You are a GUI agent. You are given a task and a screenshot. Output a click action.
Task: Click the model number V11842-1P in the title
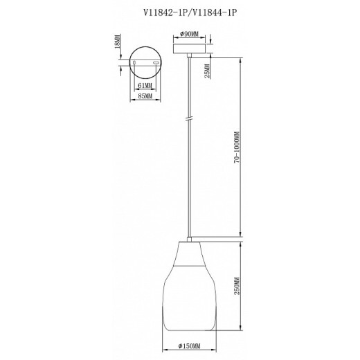[165, 12]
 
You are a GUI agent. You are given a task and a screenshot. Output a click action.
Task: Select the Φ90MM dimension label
[189, 34]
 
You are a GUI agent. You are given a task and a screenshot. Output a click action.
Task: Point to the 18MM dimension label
[118, 42]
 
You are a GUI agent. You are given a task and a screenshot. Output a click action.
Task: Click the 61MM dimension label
[145, 86]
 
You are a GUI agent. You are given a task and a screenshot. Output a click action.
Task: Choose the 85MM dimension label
[145, 96]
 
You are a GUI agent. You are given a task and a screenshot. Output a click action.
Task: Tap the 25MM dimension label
[208, 71]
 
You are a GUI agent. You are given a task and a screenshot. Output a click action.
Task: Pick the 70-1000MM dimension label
[237, 147]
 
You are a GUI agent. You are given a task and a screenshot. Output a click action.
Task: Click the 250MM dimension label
[237, 286]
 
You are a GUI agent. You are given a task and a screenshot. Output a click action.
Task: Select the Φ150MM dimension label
[190, 346]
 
